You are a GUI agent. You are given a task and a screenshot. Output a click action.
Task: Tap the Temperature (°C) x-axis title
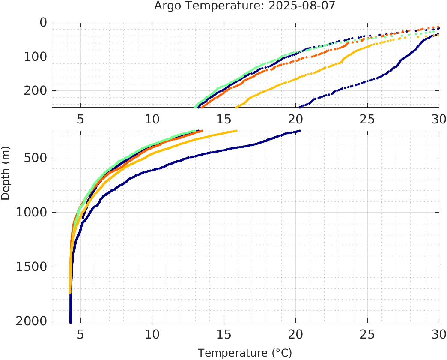click(244, 353)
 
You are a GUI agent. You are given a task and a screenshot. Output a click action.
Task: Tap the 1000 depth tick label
click(30, 212)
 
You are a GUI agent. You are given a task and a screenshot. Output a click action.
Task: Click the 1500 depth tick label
click(30, 267)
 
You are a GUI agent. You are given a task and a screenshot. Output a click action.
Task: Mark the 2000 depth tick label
click(30, 321)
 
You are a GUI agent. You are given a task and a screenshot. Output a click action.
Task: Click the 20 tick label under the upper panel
click(295, 119)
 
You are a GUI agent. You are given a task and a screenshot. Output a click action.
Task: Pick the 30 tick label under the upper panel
click(438, 119)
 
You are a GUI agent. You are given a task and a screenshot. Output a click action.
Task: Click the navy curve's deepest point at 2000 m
click(70, 321)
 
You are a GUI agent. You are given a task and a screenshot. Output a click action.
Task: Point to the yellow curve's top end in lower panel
click(236, 131)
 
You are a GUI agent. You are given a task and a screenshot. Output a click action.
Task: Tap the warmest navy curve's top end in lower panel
click(299, 131)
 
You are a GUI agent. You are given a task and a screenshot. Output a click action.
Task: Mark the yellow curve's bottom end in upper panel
click(236, 107)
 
